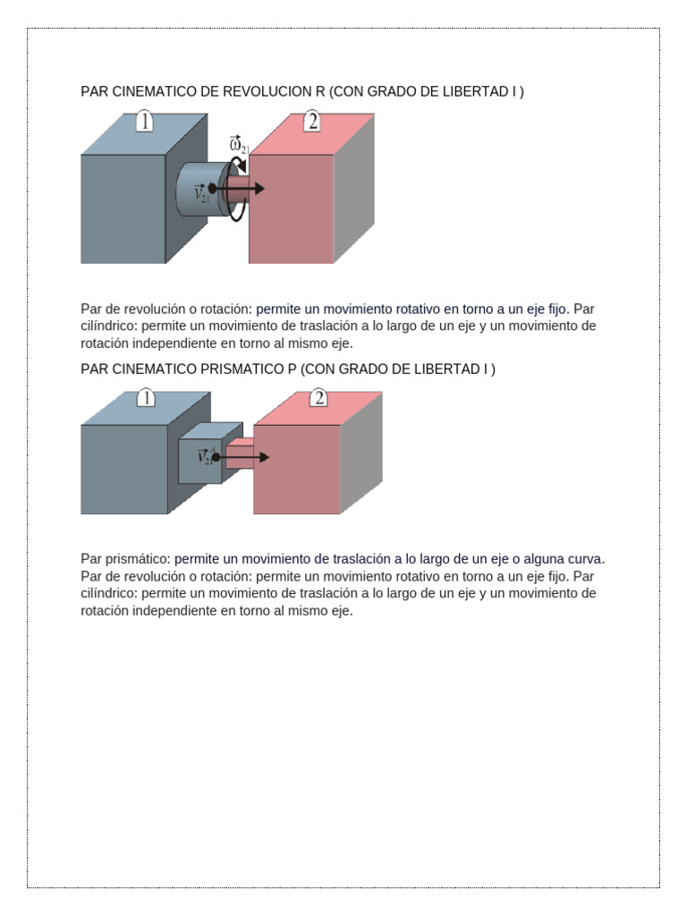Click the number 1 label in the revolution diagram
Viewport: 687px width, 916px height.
[x=144, y=122]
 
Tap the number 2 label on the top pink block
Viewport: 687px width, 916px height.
[x=311, y=122]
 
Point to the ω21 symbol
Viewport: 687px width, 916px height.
[x=239, y=145]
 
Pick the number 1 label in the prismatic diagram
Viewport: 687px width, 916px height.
[x=146, y=398]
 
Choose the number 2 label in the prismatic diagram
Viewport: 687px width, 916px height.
[x=318, y=398]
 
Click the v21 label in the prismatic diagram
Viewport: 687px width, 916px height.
[x=204, y=456]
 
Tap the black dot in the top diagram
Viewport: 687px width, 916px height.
[x=213, y=188]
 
